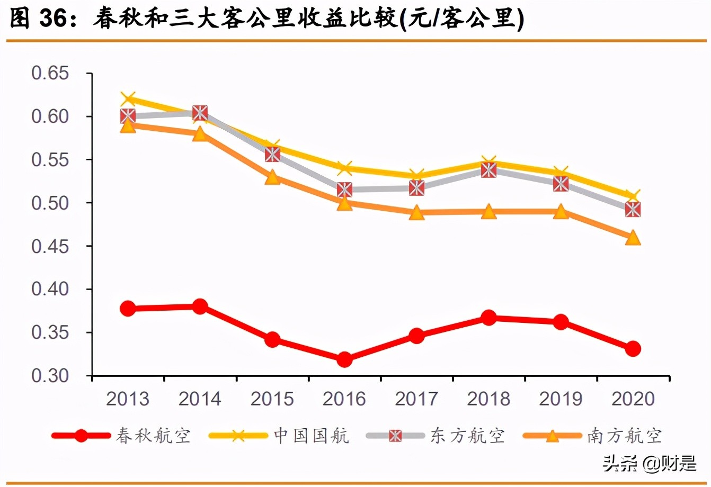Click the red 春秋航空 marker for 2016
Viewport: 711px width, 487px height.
tap(344, 359)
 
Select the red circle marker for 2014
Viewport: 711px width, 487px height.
tap(200, 306)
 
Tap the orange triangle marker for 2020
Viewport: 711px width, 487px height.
tap(633, 238)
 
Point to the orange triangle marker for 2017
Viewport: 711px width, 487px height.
tap(416, 213)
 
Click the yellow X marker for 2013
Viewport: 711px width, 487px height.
tap(128, 99)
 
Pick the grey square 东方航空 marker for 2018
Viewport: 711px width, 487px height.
tap(488, 170)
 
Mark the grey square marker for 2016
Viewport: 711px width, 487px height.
tap(344, 190)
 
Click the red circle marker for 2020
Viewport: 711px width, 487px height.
tap(633, 349)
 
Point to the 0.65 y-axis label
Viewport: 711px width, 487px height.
tap(50, 73)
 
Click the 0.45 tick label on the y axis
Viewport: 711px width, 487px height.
tap(50, 246)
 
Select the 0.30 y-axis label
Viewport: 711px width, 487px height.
tap(50, 376)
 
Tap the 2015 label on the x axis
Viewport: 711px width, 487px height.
tap(272, 399)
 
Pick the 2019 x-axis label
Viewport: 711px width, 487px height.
tap(561, 399)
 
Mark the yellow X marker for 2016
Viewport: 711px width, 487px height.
tap(344, 168)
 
